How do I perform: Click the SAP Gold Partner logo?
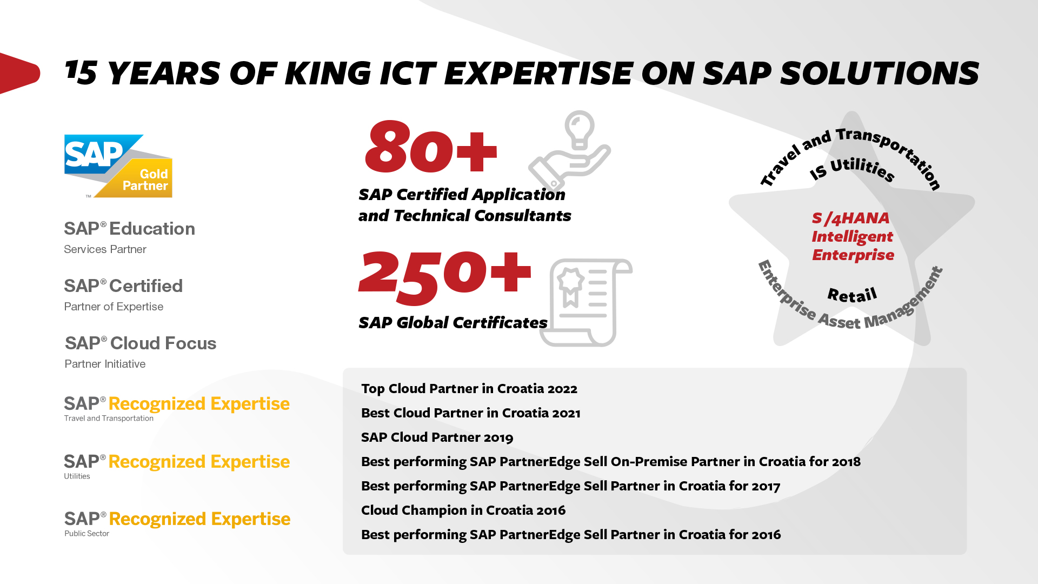click(118, 166)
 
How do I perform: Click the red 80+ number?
click(431, 147)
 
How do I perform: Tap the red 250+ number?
click(444, 276)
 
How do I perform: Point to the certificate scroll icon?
click(586, 302)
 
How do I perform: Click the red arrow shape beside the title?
click(19, 73)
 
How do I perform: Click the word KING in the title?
click(328, 73)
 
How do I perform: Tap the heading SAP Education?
click(129, 229)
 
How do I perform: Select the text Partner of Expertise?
click(114, 307)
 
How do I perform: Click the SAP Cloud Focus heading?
click(141, 343)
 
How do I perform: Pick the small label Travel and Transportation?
click(109, 418)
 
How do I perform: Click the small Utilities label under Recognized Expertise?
click(77, 476)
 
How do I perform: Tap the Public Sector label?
click(86, 533)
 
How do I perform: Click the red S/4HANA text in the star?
click(850, 218)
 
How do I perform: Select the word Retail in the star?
click(853, 295)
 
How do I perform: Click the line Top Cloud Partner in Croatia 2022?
click(469, 389)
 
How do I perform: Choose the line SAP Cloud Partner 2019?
click(437, 437)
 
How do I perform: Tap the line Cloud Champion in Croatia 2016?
click(463, 510)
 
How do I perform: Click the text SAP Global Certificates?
click(453, 323)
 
